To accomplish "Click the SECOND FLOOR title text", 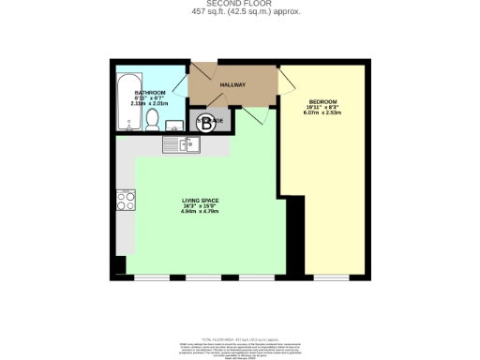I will [x=239, y=5].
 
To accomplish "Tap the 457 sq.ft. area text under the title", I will [x=239, y=12].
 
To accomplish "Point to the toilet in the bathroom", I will [x=152, y=122].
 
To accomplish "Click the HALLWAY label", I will [x=232, y=85].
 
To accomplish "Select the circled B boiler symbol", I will [x=208, y=121].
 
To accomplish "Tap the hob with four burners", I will [x=125, y=200].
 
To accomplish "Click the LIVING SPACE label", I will [x=199, y=200].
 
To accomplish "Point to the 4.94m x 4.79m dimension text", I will [x=199, y=212].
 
